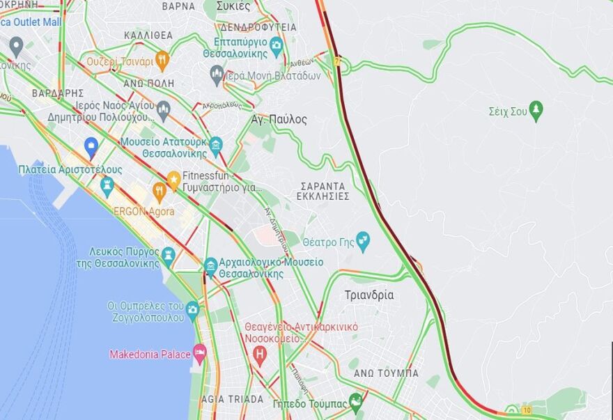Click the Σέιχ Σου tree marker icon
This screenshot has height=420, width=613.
point(536,110)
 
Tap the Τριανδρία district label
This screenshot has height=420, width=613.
point(369,295)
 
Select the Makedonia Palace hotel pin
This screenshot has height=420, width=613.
point(200,354)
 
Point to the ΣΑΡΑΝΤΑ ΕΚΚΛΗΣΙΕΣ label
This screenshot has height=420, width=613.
point(324,192)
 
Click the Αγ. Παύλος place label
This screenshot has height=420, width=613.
point(279,120)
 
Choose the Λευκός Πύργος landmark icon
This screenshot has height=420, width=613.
point(168,256)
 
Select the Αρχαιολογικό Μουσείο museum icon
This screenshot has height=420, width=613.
point(210,266)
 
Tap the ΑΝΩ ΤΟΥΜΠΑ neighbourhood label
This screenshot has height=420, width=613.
point(386,373)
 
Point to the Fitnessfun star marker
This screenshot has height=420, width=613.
point(173,178)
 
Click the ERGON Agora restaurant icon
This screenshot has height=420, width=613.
point(159,191)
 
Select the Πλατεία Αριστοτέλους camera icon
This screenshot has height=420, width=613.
point(107,185)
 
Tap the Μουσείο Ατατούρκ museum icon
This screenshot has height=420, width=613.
point(216,145)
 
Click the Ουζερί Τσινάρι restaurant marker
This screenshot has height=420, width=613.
point(162,60)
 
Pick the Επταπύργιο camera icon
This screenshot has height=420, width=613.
point(276,46)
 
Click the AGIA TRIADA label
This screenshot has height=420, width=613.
point(232,400)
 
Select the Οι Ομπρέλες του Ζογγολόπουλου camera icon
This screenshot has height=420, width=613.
point(193,309)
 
